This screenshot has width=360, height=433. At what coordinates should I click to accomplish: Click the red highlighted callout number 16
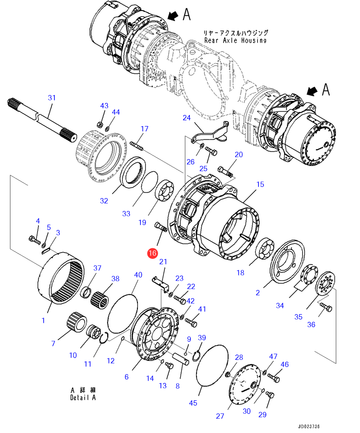[152, 253]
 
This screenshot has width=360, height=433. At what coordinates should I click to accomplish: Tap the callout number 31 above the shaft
[52, 98]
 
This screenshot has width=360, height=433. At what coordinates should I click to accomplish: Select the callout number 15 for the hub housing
[260, 184]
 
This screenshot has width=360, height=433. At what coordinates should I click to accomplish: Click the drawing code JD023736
[309, 427]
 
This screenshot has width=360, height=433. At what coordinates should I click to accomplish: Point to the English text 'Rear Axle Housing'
[236, 40]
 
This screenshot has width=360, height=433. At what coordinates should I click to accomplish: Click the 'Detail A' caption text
[83, 398]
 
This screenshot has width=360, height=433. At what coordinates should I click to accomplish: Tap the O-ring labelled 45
[212, 364]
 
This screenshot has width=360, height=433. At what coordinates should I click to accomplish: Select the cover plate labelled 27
[245, 384]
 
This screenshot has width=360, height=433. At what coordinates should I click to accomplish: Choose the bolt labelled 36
[326, 307]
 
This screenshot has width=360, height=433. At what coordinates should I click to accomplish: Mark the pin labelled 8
[181, 359]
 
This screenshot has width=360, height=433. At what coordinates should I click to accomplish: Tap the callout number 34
[280, 306]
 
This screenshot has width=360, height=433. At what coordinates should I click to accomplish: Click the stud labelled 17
[137, 146]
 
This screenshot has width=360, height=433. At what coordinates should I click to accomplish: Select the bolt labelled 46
[273, 378]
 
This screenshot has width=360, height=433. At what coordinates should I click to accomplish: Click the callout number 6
[126, 377]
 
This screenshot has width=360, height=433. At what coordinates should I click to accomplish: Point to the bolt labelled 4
[35, 240]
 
